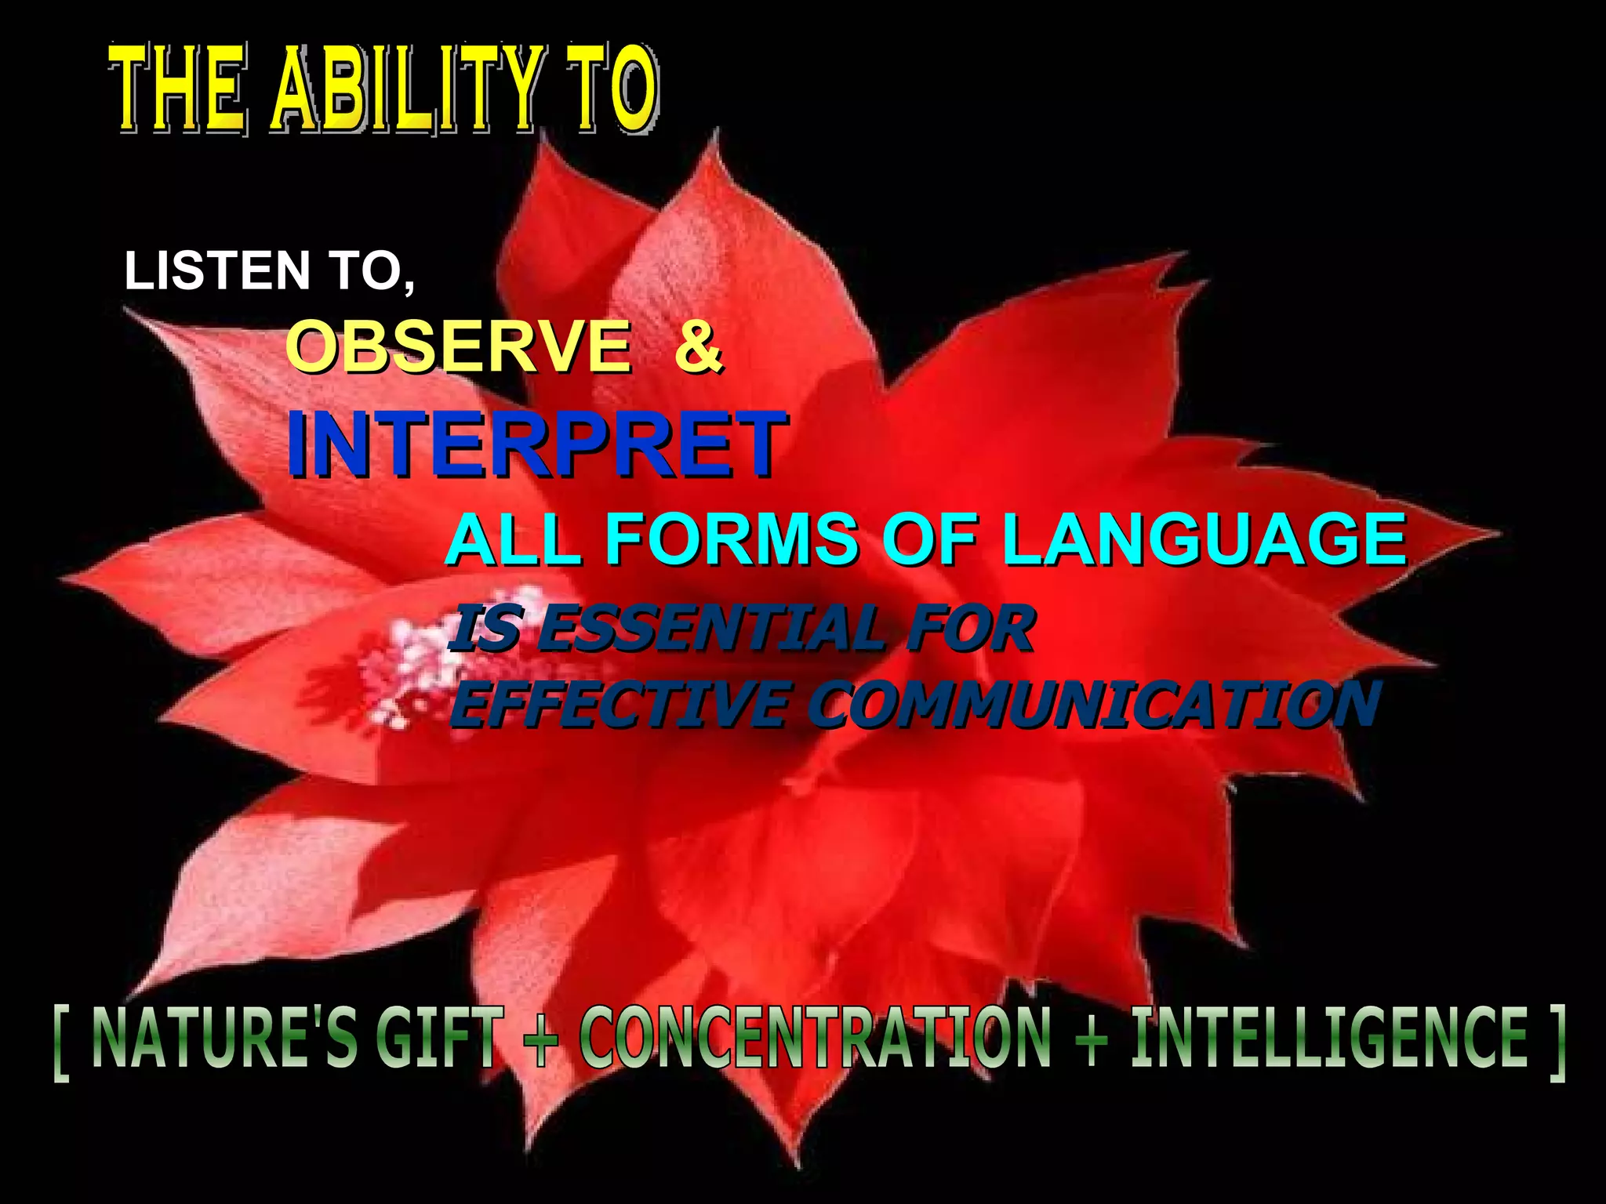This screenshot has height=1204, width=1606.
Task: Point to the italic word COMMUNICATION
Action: (x=1094, y=703)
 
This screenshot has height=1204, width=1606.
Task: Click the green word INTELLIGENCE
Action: (x=1328, y=1039)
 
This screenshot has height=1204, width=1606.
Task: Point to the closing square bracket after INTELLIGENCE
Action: (x=1557, y=1043)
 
